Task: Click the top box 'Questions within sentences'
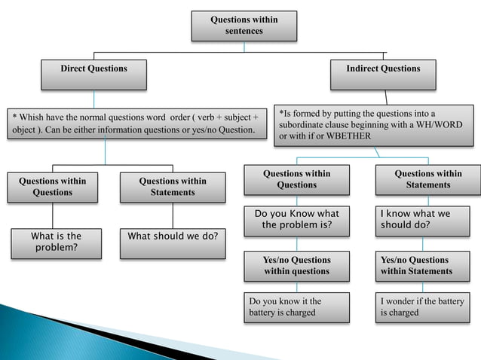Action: (x=244, y=26)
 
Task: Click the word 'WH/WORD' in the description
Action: (x=448, y=124)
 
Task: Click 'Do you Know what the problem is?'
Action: (x=296, y=219)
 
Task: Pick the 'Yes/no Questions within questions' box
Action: (x=296, y=265)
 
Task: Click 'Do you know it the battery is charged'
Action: (x=296, y=307)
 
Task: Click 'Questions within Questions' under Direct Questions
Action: (x=53, y=187)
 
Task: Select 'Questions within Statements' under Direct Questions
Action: (x=173, y=187)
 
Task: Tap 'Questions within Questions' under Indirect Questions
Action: (x=296, y=179)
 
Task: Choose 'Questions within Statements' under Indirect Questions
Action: (x=427, y=179)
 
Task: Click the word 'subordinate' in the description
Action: (x=303, y=124)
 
